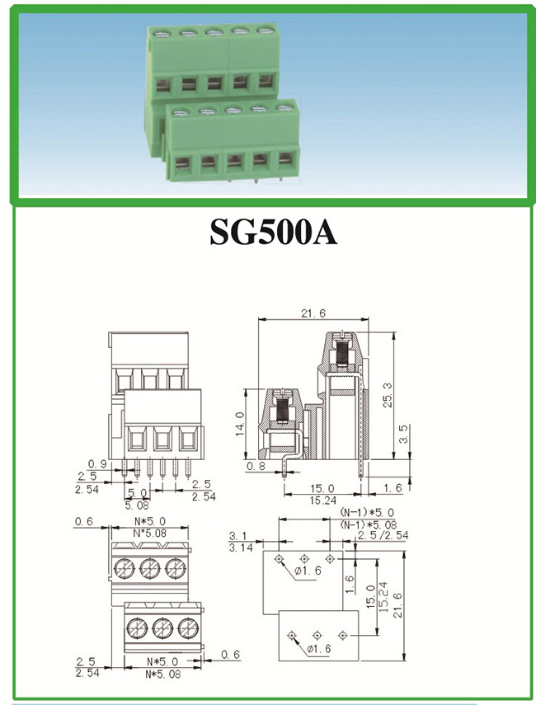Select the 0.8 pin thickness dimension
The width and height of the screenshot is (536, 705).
point(257,466)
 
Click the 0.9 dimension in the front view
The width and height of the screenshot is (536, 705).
point(97,463)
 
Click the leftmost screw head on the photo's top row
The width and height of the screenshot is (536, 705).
point(162,32)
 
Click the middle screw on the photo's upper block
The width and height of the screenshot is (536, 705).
point(214,32)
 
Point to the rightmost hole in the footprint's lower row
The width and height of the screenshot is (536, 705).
point(344,634)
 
